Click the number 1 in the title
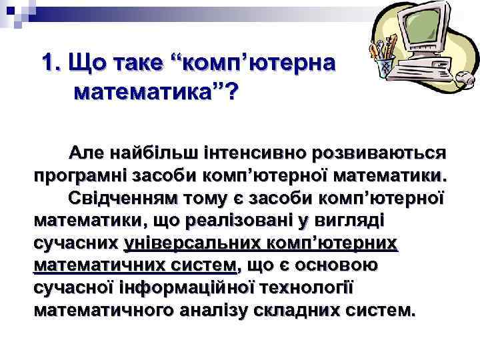[x=47, y=65]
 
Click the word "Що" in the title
[x=87, y=65]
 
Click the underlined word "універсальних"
[x=183, y=244]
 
